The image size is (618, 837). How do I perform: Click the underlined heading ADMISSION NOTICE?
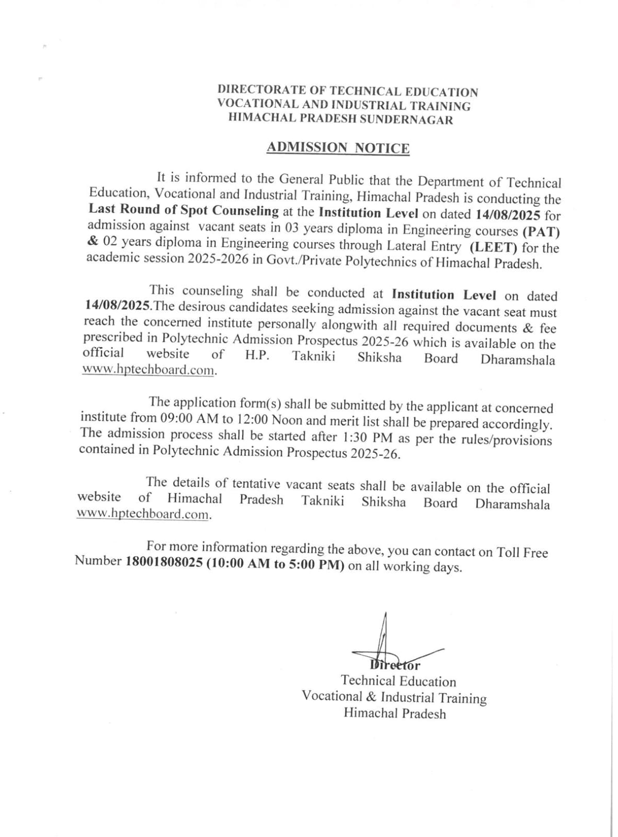338,148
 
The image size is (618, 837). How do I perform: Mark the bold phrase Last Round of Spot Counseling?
184,210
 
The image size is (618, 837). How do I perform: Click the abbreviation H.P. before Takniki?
257,356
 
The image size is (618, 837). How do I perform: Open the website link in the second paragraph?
148,370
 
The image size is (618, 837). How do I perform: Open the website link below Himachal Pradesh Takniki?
144,514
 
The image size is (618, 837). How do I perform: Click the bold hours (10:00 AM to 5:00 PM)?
275,565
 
